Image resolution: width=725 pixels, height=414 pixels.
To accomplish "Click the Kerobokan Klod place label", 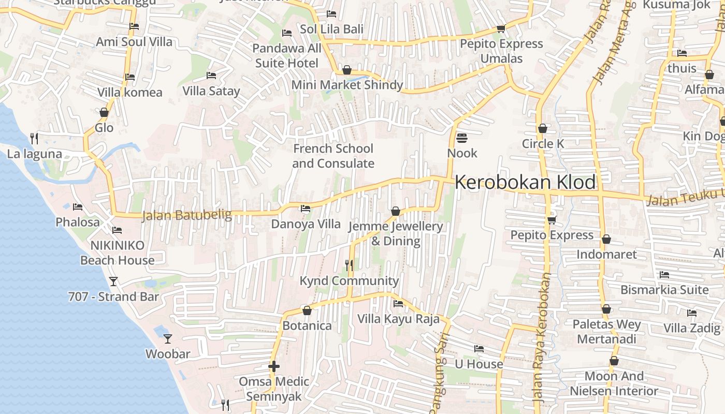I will pos(525,183).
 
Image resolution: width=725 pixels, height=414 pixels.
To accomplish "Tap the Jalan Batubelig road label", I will pos(186,214).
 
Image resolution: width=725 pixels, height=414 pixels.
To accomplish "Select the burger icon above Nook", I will pos(462,138).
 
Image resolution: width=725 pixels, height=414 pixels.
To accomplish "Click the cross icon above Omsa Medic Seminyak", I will pos(274,366).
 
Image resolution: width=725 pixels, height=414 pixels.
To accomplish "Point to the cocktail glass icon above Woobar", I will pos(168,339).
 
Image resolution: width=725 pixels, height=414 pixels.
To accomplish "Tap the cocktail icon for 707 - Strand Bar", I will pos(113,282).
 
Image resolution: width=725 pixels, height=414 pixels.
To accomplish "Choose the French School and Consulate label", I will pos(333,156).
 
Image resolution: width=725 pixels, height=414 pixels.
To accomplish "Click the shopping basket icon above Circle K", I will pos(543,128).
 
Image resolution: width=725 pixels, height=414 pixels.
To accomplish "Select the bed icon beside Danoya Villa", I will pos(306,209).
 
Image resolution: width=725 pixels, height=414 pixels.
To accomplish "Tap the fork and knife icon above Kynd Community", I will pos(350,265).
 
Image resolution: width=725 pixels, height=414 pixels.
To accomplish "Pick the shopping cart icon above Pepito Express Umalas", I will pos(501,29).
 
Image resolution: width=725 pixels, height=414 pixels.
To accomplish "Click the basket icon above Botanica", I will pos(307,310).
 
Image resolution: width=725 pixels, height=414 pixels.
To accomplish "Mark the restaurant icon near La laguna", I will pos(34,138).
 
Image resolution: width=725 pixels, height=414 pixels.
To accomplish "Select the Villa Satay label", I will pos(211,91).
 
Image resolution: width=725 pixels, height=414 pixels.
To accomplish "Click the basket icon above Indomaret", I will pos(606,239).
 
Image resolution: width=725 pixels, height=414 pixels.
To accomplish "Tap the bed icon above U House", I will pos(479,349).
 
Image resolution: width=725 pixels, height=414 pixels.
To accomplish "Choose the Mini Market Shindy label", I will pos(347,85).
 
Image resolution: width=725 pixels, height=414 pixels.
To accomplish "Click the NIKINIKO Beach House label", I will pos(117,253).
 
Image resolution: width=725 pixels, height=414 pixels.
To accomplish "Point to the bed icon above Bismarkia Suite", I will pos(664,274).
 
